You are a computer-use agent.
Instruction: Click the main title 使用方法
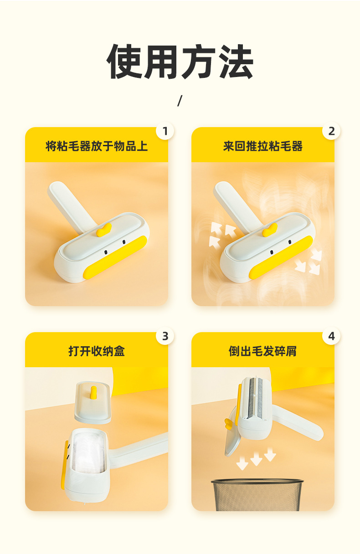tap(180, 62)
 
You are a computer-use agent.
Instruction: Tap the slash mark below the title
tap(180, 101)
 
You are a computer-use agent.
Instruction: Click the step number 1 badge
tap(165, 131)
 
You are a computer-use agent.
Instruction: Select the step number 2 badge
tap(331, 131)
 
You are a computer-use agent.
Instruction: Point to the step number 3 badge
tap(165, 336)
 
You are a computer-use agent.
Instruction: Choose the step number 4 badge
tap(331, 336)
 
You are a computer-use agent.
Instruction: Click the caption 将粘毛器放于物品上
tap(97, 146)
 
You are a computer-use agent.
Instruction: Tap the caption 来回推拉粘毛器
tap(263, 146)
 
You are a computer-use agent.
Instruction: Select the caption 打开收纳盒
tap(97, 351)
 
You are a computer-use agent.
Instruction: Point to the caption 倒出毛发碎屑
tap(263, 351)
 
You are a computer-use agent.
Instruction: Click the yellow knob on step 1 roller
tap(103, 230)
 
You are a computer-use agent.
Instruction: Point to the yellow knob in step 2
tap(270, 230)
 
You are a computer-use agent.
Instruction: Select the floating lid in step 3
tap(93, 402)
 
